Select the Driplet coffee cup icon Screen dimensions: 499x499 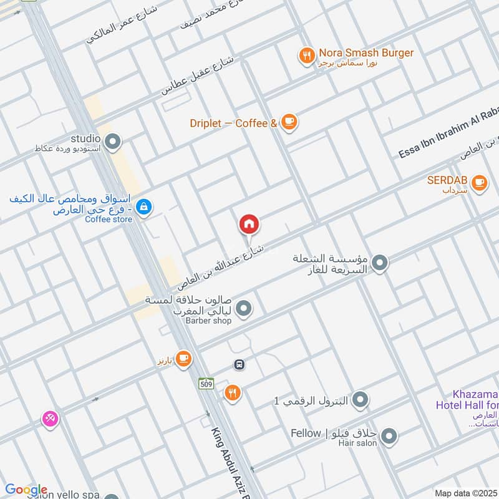(288, 122)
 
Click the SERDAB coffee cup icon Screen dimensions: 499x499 (478, 182)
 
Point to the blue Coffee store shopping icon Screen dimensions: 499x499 (144, 206)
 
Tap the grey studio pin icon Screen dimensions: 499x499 (113, 143)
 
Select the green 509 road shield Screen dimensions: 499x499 (206, 383)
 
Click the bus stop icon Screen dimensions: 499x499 (238, 364)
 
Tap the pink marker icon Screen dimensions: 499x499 (50, 419)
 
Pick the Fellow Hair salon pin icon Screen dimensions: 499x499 (389, 437)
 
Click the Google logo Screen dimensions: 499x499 (26, 490)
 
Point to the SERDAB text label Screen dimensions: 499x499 (447, 180)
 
